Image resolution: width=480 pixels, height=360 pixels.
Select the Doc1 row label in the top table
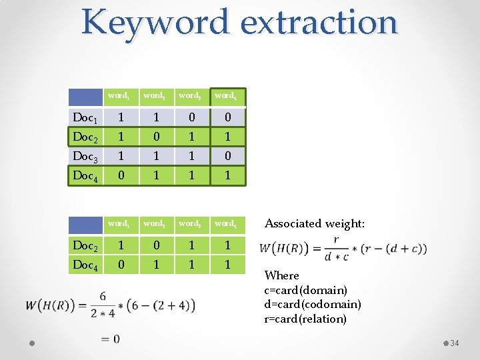(x=85, y=118)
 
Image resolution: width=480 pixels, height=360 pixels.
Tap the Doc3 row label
(x=85, y=157)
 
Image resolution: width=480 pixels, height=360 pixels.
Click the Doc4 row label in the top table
(x=85, y=176)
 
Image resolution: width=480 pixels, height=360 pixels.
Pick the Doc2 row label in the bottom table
(x=85, y=245)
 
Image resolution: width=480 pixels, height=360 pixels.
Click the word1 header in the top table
(x=120, y=96)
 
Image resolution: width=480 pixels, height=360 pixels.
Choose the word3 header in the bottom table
(x=191, y=224)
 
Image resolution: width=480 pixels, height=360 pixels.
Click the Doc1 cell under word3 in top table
(x=191, y=118)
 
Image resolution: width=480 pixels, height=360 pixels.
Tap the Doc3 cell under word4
(x=227, y=157)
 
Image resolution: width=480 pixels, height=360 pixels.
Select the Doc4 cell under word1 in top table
(x=120, y=176)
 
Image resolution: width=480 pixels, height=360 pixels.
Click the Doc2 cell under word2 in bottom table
(x=156, y=245)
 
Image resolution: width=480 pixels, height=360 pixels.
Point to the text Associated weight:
(x=315, y=224)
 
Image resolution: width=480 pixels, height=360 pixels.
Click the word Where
(x=282, y=275)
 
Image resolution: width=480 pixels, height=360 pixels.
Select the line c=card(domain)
(x=305, y=290)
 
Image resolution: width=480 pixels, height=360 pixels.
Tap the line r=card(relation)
(x=305, y=319)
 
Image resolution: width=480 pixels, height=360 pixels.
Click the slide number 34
(x=455, y=343)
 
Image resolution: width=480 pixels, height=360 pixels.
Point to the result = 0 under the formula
(x=111, y=339)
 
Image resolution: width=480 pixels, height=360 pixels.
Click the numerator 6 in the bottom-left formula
(x=103, y=296)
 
